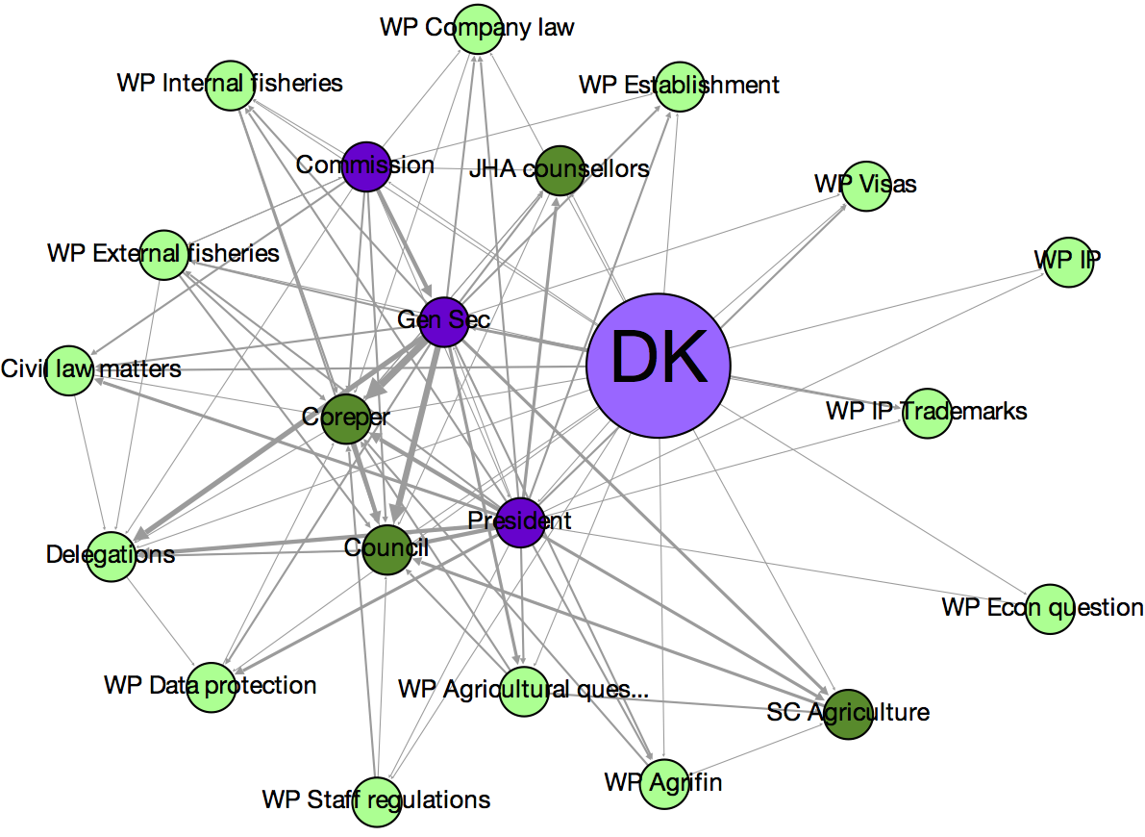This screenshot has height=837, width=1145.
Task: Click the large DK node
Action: (659, 365)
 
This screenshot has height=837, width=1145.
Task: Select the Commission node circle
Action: (365, 165)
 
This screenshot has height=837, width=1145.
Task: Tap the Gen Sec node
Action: (443, 321)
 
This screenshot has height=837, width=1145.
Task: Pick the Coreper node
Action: (345, 418)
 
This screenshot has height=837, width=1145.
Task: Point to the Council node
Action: (386, 549)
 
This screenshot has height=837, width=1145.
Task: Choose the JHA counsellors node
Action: (560, 170)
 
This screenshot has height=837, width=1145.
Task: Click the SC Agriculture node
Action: (848, 713)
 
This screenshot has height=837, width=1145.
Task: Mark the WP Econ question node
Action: (1049, 609)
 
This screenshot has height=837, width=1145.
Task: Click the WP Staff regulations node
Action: (376, 801)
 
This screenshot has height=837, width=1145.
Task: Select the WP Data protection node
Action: (212, 687)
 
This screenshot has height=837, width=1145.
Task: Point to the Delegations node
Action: (111, 556)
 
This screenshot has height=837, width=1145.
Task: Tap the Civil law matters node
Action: (69, 370)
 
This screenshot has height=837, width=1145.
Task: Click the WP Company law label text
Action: (477, 27)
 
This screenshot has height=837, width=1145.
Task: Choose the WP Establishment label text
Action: (679, 85)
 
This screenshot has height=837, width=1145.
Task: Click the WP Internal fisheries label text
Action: (230, 83)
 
